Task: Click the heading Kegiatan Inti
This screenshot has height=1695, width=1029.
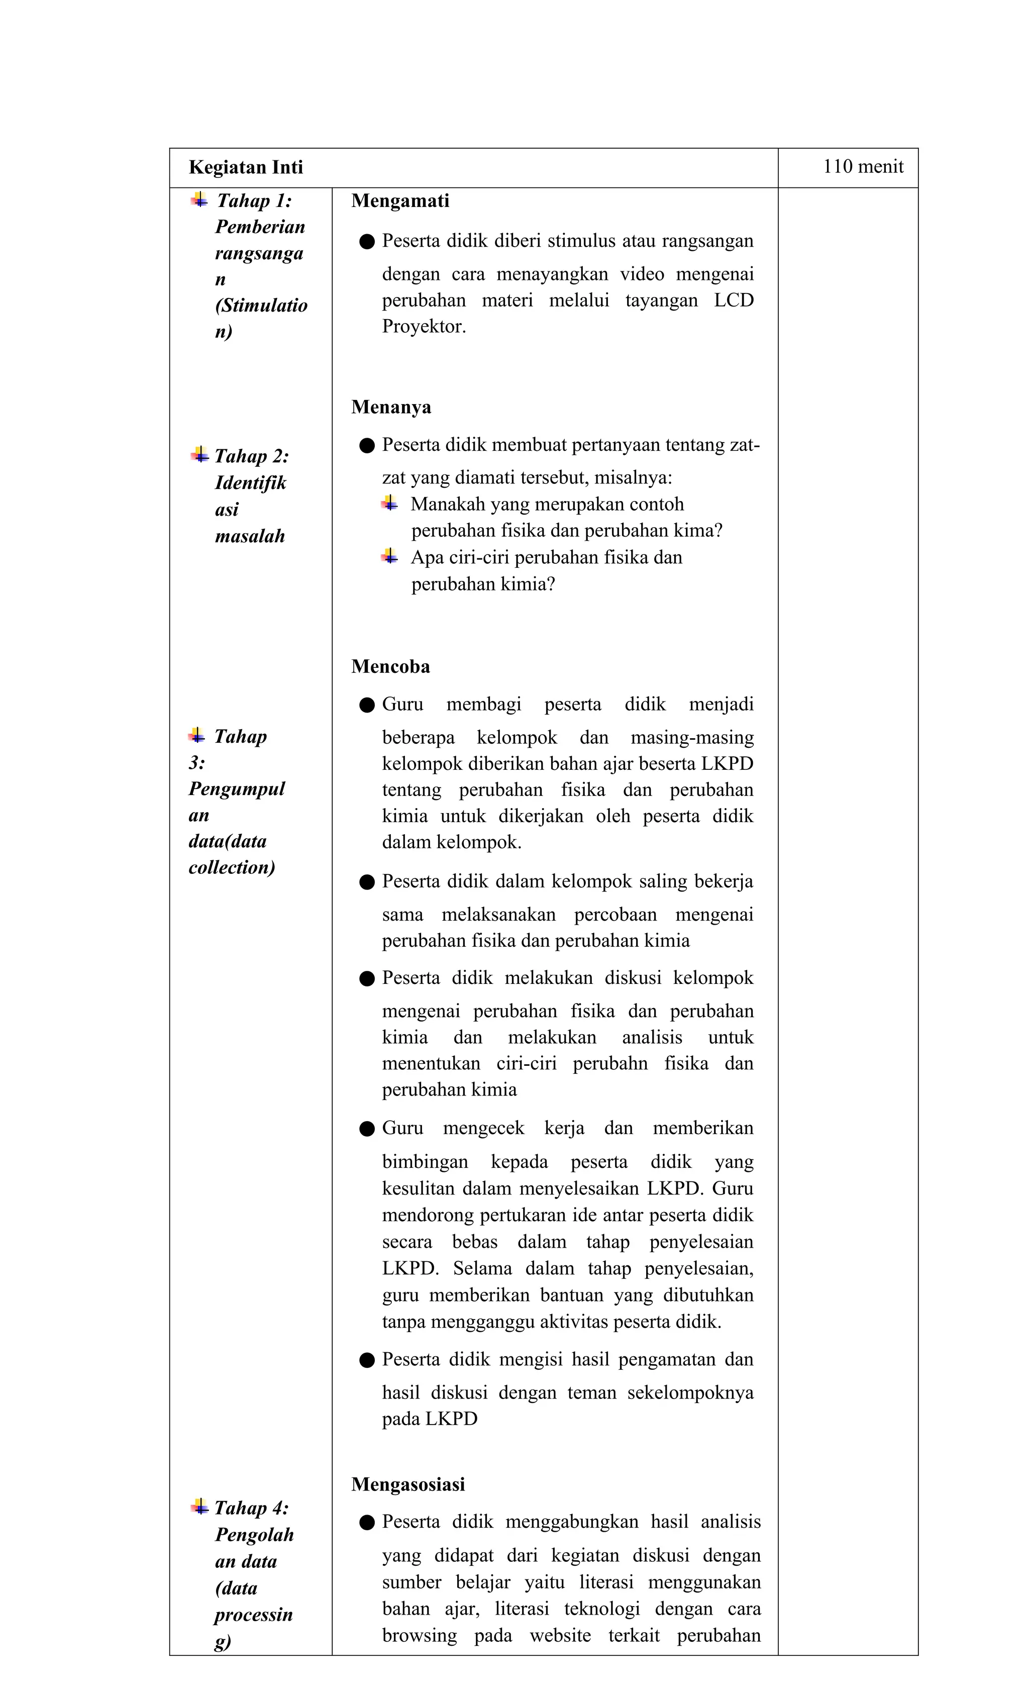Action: pos(246,167)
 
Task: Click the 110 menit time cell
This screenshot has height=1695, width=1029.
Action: pos(863,166)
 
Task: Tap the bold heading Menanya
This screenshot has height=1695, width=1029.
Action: pos(391,407)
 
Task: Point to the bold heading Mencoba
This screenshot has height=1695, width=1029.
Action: pos(390,666)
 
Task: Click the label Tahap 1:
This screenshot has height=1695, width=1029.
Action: pos(254,201)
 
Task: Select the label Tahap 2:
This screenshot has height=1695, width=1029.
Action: pos(251,456)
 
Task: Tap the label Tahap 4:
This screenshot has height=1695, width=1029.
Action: pos(251,1508)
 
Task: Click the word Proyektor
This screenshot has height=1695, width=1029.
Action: pos(424,326)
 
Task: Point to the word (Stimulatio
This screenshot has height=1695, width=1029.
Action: pos(261,306)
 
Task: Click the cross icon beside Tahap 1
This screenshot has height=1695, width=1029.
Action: pos(199,200)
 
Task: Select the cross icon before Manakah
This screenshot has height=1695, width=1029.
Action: pos(390,504)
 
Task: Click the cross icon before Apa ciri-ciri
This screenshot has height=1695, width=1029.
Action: pos(390,556)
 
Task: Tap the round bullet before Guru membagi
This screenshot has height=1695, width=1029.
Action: pos(367,705)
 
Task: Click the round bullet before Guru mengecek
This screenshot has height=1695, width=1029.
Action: pos(367,1129)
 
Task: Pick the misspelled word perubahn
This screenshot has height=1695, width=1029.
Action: pos(609,1063)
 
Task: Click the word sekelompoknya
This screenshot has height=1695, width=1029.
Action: pos(689,1392)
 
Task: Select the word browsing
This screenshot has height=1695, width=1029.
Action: pos(419,1635)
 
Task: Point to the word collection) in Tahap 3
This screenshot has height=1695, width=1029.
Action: pos(232,867)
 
